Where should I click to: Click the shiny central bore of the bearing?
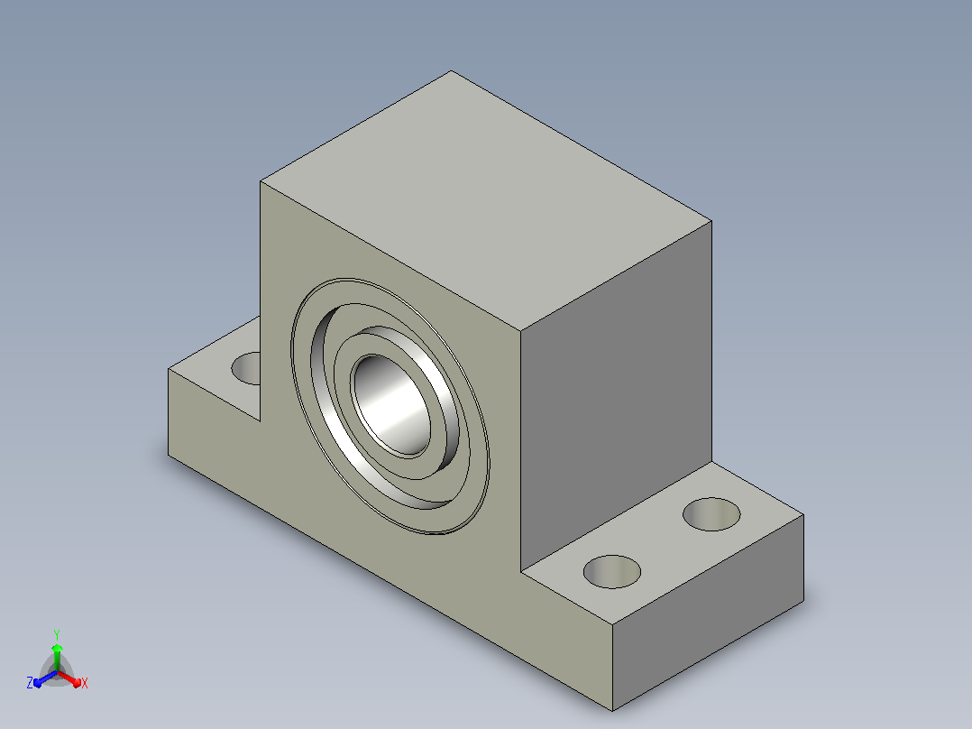pyautogui.click(x=391, y=406)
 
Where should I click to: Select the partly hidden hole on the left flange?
pyautogui.click(x=246, y=368)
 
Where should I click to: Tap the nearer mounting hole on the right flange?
pyautogui.click(x=612, y=571)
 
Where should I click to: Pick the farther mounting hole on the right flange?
pyautogui.click(x=711, y=514)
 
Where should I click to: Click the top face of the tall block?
pyautogui.click(x=486, y=200)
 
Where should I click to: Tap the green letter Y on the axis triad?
pyautogui.click(x=57, y=634)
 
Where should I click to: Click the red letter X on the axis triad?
pyautogui.click(x=85, y=683)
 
